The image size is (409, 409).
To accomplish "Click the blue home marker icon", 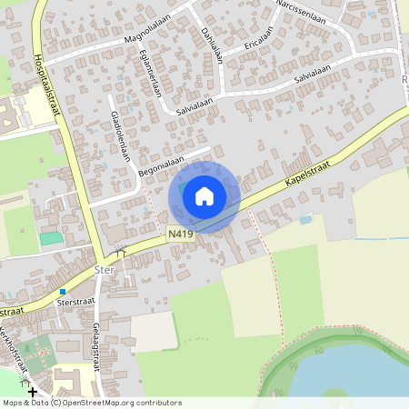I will coord(204,196).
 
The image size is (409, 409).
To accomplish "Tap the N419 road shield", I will coord(180,234).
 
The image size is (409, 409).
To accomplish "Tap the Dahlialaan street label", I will coord(213,42).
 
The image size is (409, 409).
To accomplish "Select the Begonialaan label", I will coord(160,165).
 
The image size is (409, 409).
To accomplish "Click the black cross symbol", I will coord(34,392).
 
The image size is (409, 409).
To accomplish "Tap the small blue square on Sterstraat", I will coord(62,291).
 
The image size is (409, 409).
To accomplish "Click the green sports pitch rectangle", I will coord(52,237).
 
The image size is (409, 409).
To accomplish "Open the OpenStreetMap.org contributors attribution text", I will coord(114,402).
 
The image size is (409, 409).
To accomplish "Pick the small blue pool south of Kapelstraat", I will coord(305,219).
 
